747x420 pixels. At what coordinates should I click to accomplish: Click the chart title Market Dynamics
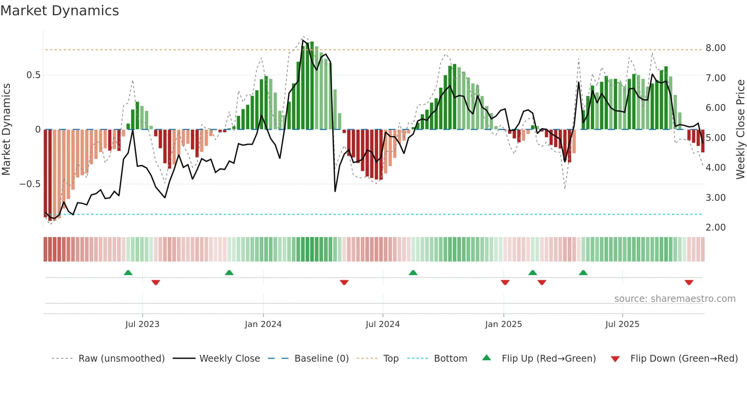[59, 11]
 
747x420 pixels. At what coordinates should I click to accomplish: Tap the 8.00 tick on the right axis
[715, 48]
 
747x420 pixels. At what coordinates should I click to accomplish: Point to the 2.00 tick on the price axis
[715, 228]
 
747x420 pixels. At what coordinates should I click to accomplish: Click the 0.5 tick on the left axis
[33, 75]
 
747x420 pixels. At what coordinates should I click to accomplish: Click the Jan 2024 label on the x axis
[263, 324]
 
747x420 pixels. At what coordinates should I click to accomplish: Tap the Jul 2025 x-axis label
[622, 324]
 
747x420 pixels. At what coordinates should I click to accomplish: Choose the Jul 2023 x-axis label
[142, 324]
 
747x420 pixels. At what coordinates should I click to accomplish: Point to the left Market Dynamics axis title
[6, 130]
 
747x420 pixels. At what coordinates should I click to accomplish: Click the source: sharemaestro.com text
[675, 299]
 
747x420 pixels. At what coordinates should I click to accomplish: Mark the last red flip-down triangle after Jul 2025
[689, 282]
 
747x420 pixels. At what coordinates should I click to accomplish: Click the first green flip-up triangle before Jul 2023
[128, 273]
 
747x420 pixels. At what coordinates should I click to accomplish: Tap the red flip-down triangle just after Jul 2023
[155, 282]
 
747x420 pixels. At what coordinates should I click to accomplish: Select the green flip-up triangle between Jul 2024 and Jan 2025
[413, 273]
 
